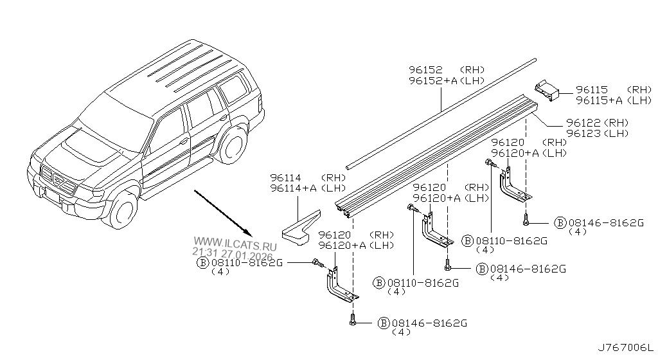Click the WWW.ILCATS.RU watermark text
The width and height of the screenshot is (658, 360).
[234, 246]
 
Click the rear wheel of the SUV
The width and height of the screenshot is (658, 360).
[231, 145]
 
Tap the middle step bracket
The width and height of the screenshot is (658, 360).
[434, 231]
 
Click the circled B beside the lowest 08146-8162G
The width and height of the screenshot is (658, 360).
[383, 322]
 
